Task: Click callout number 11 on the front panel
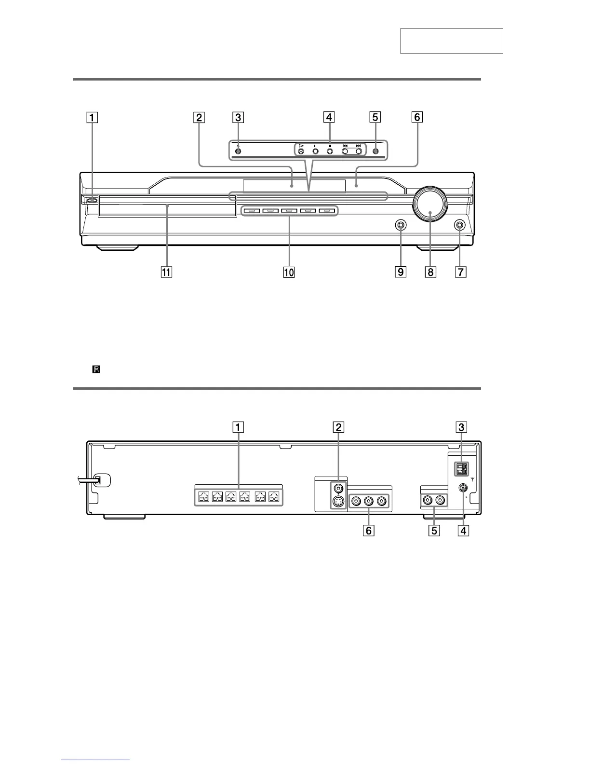coord(166,272)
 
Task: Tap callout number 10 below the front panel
coord(289,272)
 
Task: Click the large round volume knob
coord(430,205)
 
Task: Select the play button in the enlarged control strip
coord(301,151)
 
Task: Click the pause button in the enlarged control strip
coord(315,151)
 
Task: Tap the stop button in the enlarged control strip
coord(330,151)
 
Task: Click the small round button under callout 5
coord(375,151)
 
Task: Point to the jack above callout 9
coord(401,225)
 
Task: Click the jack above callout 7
coord(459,225)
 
